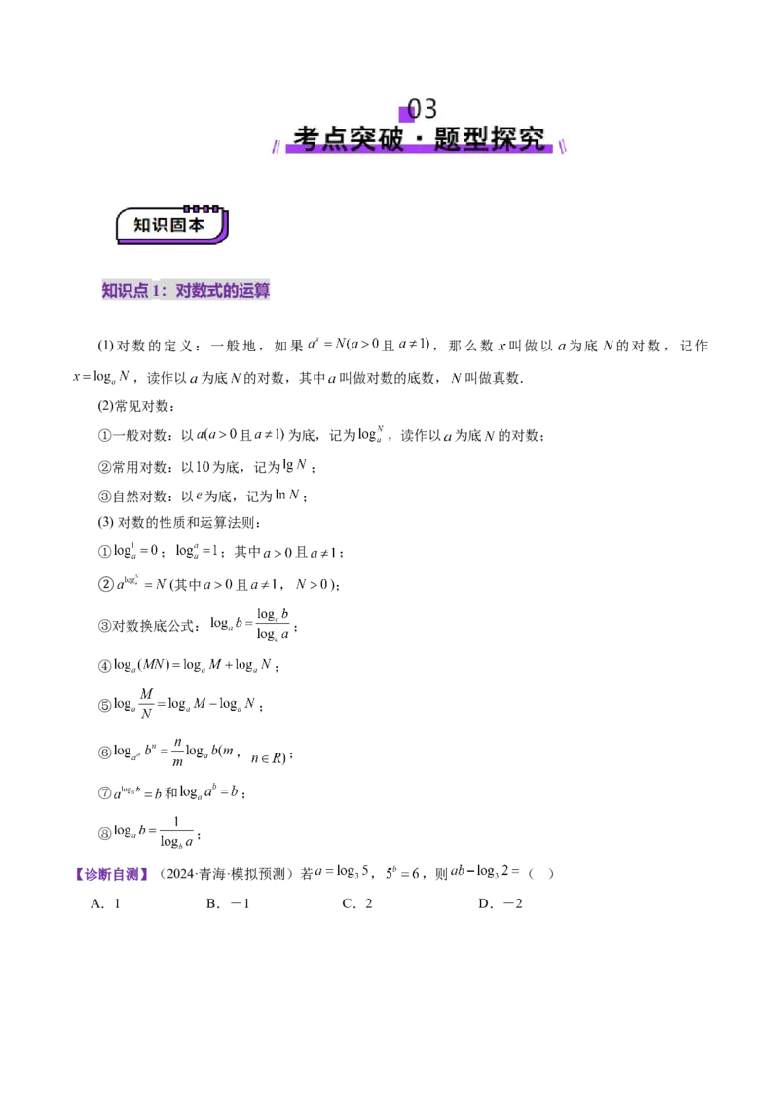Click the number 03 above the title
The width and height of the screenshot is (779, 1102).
[423, 108]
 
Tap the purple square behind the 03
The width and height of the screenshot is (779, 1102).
[407, 113]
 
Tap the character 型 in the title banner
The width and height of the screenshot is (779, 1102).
[476, 138]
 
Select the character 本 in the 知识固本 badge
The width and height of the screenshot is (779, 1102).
[196, 225]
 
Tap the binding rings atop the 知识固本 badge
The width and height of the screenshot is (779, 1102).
[203, 208]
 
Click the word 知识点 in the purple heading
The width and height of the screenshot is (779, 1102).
[125, 290]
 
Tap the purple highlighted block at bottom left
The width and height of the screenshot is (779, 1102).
[112, 874]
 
